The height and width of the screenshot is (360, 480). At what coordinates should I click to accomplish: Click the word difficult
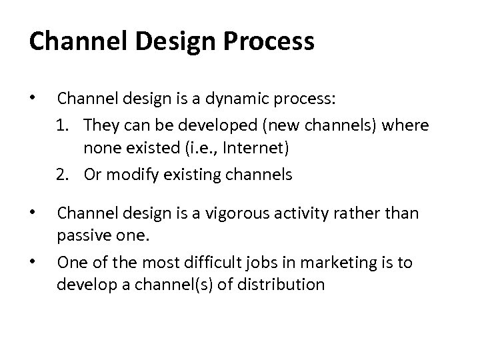(x=221, y=263)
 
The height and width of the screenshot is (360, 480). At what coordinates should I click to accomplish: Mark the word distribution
(x=279, y=284)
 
